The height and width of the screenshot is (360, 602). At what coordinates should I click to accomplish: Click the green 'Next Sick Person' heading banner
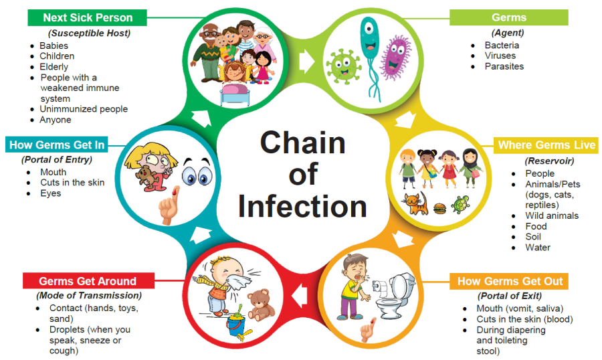click(x=87, y=17)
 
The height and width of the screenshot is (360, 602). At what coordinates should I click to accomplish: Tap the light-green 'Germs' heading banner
click(x=508, y=17)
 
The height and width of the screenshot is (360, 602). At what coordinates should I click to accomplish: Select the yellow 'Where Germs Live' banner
click(x=546, y=145)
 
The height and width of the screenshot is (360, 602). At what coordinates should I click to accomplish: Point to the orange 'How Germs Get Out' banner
click(x=510, y=281)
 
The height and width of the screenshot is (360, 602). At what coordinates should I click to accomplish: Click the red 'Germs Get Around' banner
click(x=87, y=281)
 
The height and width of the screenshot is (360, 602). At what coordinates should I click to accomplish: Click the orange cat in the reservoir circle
click(x=414, y=203)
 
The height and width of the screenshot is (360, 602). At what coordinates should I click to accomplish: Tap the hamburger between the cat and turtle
click(x=439, y=207)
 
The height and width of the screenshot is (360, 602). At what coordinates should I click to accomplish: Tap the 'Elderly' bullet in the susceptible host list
click(x=54, y=67)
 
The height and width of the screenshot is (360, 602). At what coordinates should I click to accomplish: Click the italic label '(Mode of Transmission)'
click(x=89, y=295)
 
